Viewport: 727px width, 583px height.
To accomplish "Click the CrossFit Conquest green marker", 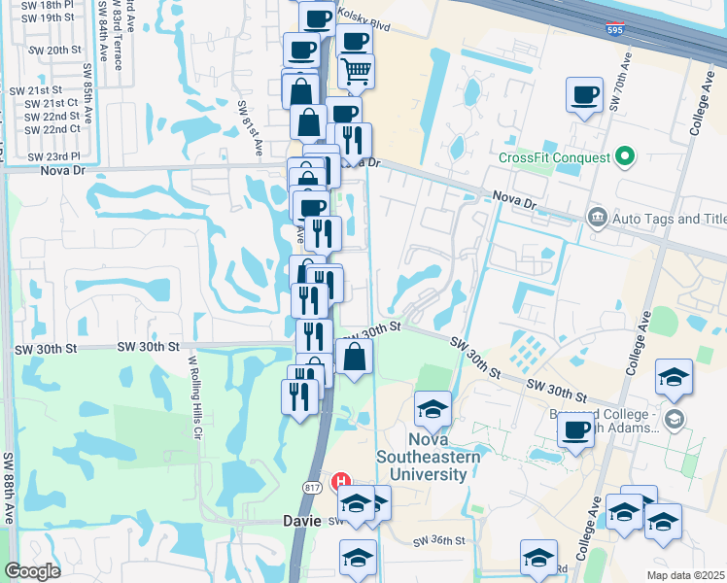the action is coord(626,156).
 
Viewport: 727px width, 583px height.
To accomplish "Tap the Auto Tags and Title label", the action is coord(669,218).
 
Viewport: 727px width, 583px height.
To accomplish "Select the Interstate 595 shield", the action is coord(614,30).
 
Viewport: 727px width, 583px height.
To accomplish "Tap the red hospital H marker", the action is coord(341,480).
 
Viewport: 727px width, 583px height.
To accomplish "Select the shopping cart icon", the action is coord(356,69).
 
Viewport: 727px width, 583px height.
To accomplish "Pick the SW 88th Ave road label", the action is coord(8,486).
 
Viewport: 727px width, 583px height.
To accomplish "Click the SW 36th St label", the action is coord(439,540).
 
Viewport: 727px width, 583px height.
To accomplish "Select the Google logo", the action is coord(33,570).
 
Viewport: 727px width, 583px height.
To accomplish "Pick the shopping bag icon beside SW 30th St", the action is coord(355,356).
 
